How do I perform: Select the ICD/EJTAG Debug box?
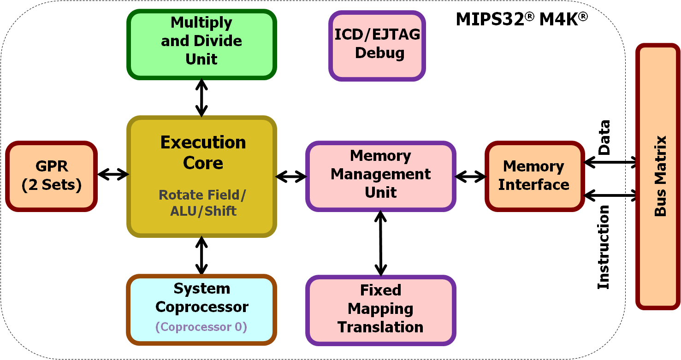coord(377,45)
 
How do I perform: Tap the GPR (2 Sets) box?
coord(51,176)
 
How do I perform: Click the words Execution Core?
coord(203,153)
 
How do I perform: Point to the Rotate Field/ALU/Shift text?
coord(203,203)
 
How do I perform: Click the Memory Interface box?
coord(533,176)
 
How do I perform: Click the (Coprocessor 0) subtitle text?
coord(201,327)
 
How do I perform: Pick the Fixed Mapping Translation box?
coord(380,309)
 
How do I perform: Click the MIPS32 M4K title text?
coord(521,19)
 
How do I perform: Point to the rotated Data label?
coord(604,137)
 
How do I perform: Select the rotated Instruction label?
coord(604,247)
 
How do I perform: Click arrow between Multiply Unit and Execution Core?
coord(201,97)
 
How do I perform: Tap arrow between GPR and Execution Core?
coord(113,174)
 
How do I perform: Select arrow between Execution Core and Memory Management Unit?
coord(291,176)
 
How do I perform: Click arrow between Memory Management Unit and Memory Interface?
coord(470,176)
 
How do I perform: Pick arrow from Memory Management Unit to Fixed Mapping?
coord(380,243)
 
